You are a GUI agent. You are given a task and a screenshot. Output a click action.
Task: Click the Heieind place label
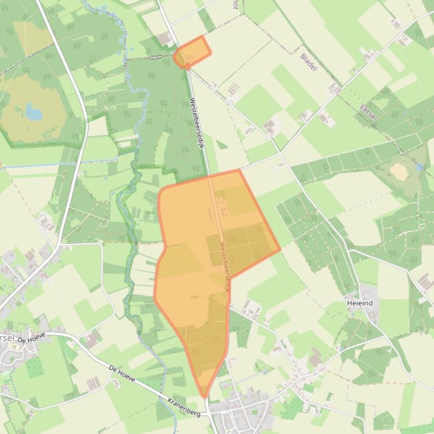360,303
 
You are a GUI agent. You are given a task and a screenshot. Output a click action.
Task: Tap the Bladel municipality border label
309,61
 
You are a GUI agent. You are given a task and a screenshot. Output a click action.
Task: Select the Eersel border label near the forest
369,114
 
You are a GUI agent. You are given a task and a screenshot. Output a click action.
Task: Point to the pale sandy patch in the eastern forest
398,171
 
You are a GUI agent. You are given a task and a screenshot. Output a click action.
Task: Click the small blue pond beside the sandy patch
419,167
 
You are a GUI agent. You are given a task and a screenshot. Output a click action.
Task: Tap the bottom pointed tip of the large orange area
205,396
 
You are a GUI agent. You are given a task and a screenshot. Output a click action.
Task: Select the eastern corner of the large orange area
279,250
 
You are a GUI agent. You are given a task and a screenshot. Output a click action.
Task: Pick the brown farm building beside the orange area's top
165,38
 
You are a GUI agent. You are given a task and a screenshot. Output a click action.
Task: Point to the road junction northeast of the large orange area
280,152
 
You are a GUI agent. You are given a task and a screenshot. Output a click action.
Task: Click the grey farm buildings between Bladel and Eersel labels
335,88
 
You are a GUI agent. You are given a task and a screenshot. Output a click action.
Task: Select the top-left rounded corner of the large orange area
162,191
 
